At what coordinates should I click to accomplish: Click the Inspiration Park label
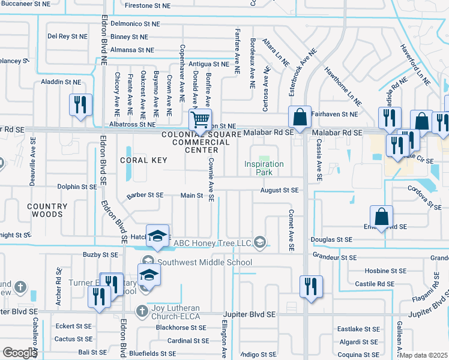click(x=264, y=168)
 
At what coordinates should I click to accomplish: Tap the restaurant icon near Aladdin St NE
click(x=79, y=104)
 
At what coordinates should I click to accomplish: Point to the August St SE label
click(x=279, y=190)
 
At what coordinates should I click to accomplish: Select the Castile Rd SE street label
click(x=375, y=283)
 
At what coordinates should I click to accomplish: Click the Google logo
click(x=19, y=353)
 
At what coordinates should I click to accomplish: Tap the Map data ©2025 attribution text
click(x=423, y=355)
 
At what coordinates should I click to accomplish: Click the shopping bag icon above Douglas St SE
click(x=381, y=216)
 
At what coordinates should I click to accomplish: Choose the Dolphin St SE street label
click(x=77, y=187)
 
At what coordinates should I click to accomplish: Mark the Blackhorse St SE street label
click(x=181, y=328)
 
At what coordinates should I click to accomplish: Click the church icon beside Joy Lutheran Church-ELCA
click(x=142, y=310)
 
